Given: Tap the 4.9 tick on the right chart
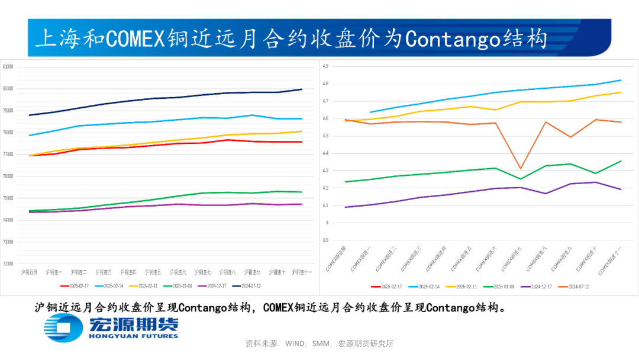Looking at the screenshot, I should [x=325, y=66].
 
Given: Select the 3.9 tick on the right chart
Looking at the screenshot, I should [x=325, y=240].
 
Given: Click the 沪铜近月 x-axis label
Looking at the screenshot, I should [x=29, y=272].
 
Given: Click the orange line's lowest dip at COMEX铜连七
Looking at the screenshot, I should [x=520, y=169].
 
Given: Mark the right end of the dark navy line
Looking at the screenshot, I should [x=302, y=89].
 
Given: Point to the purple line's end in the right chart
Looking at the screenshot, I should [x=621, y=189].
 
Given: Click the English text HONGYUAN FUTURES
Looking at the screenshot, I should [x=133, y=336].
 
